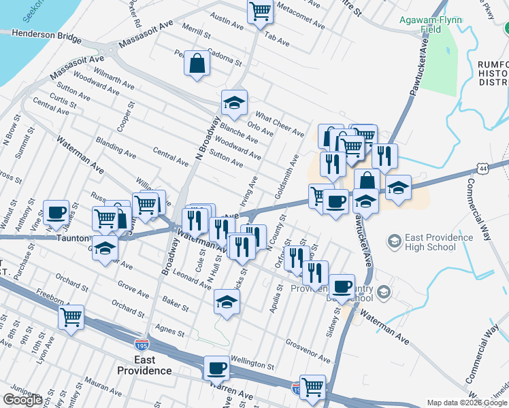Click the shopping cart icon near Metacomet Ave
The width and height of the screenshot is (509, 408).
pos(260,12)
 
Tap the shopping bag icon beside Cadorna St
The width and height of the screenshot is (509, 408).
pos(197,64)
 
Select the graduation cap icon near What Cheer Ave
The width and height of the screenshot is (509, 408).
pos(233,103)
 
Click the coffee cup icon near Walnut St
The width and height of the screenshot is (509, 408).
pos(56,211)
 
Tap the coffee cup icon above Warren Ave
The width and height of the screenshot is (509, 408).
pos(216,368)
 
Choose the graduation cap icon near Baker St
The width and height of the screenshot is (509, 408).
pos(227,301)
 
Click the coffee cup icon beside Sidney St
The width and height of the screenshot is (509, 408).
pos(342,286)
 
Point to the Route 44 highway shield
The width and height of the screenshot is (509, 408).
pos(482,167)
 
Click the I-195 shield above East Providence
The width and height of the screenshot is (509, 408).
pos(142,345)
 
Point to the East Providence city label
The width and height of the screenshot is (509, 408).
pos(144,365)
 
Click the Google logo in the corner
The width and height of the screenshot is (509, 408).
pos(23,400)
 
